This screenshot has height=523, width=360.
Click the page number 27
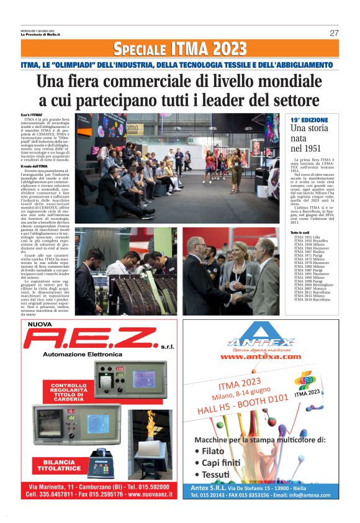(334, 33)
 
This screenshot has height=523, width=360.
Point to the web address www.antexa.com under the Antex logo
(260, 357)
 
